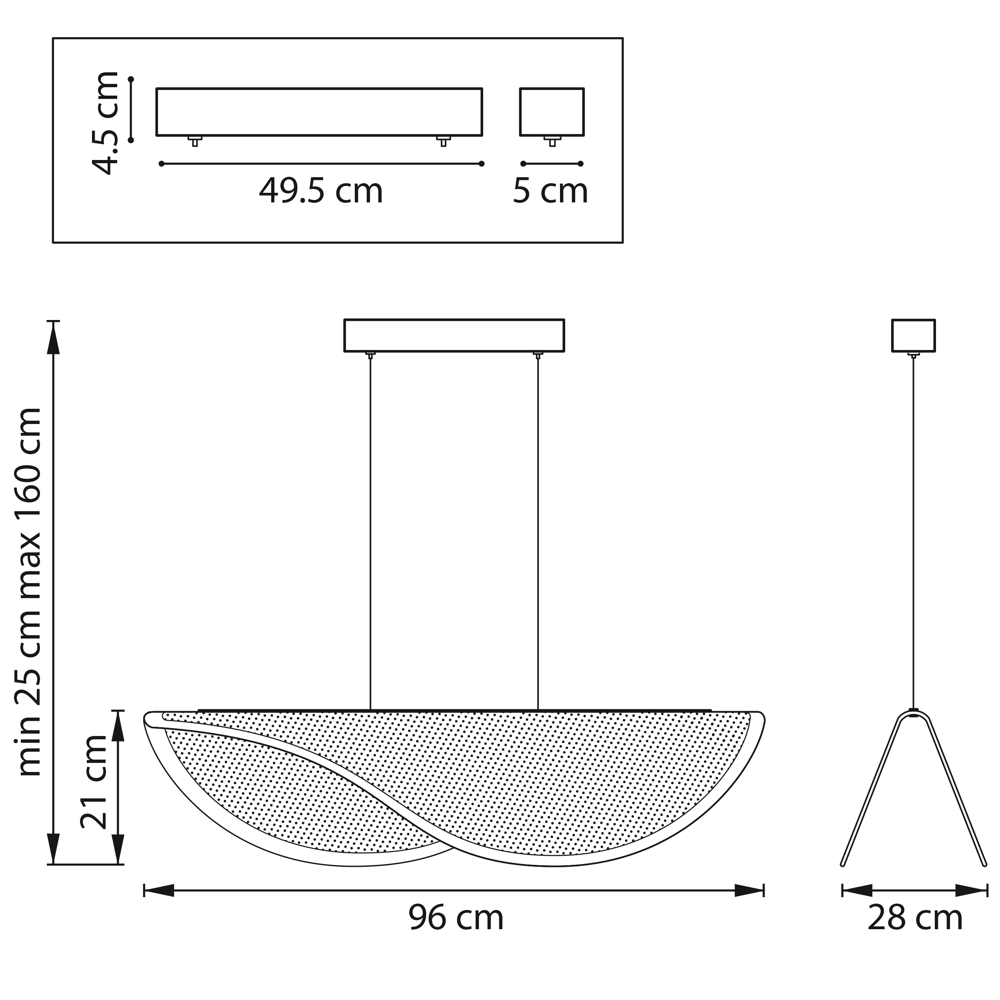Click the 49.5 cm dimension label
321,191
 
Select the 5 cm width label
550,191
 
